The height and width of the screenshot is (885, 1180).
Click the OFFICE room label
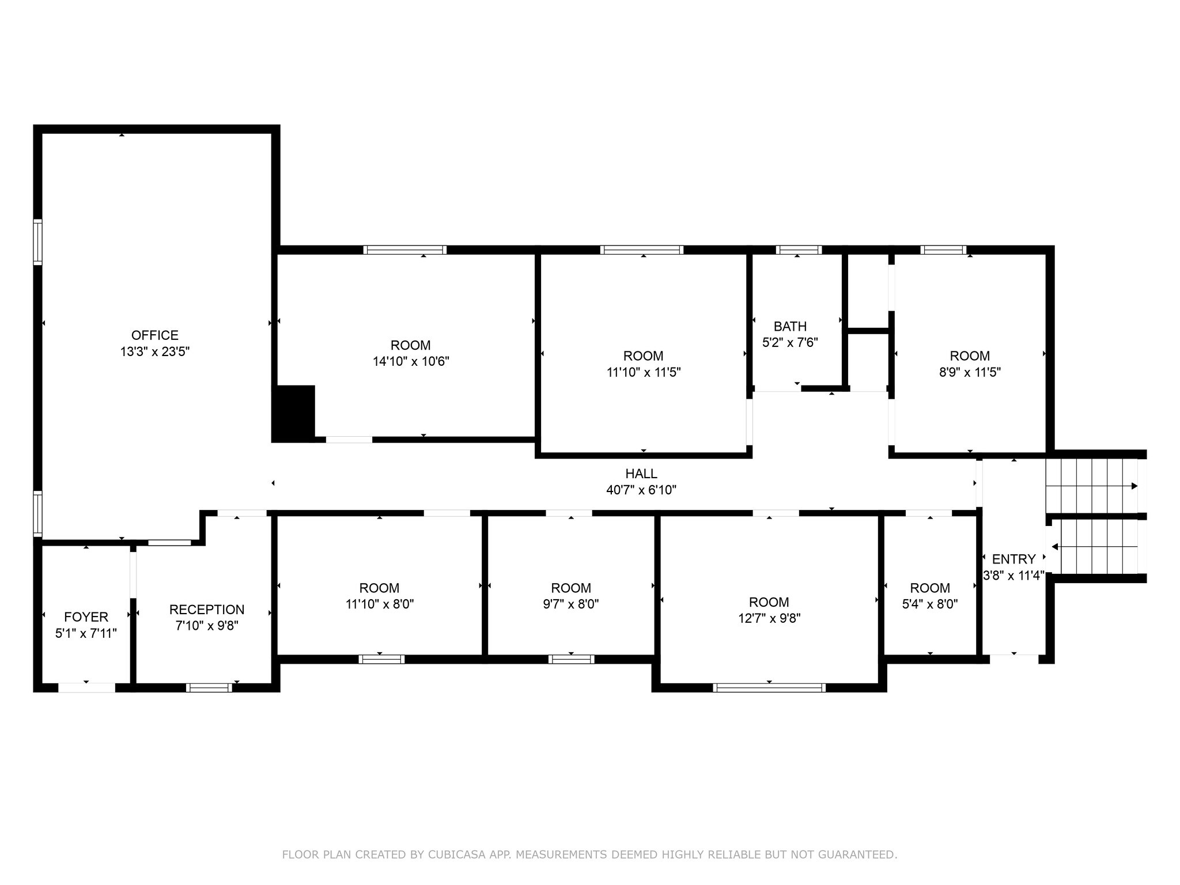tap(154, 335)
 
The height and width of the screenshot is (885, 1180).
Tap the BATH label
tap(790, 327)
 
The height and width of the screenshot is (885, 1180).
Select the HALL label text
tap(641, 474)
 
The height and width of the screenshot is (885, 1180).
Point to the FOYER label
tap(86, 617)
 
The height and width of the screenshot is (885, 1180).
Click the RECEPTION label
tap(207, 610)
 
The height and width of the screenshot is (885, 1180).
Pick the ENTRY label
tap(1013, 559)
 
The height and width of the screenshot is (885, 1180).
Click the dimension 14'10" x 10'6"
tap(410, 362)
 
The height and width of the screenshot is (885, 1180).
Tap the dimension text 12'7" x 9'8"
tap(769, 618)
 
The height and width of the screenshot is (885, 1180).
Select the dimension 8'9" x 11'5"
tap(970, 372)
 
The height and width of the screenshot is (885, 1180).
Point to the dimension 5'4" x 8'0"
tap(930, 604)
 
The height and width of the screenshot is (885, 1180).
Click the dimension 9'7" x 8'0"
tap(571, 604)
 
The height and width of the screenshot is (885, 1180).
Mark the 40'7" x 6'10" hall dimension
tap(641, 490)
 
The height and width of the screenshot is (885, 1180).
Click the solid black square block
tap(293, 413)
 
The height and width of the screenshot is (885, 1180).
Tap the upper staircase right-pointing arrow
tap(1134, 486)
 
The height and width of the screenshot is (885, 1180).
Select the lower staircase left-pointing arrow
tap(1055, 546)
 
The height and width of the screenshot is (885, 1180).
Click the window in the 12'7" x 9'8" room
tap(769, 687)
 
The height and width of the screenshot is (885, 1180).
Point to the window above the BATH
tap(798, 250)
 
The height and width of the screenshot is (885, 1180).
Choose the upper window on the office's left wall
tap(37, 242)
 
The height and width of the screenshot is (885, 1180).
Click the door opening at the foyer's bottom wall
tap(86, 687)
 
